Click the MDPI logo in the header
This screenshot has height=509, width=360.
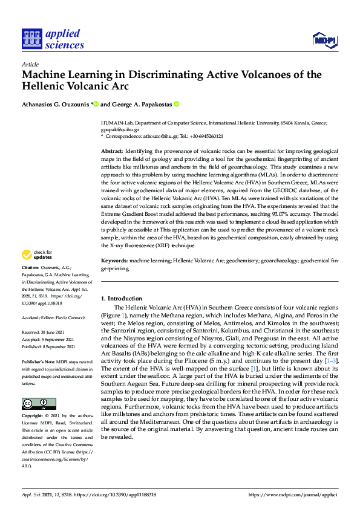coord(324,40)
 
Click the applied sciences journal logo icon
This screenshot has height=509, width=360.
coord(30,38)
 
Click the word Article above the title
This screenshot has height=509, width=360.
coord(30,64)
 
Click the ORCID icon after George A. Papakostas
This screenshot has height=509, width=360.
coord(177,104)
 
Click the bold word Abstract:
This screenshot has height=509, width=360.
coord(112,150)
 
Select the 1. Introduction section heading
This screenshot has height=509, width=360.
coord(122,299)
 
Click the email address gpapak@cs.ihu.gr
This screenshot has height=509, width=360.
coord(120,129)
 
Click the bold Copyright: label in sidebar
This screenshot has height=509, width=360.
coord(33,417)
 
